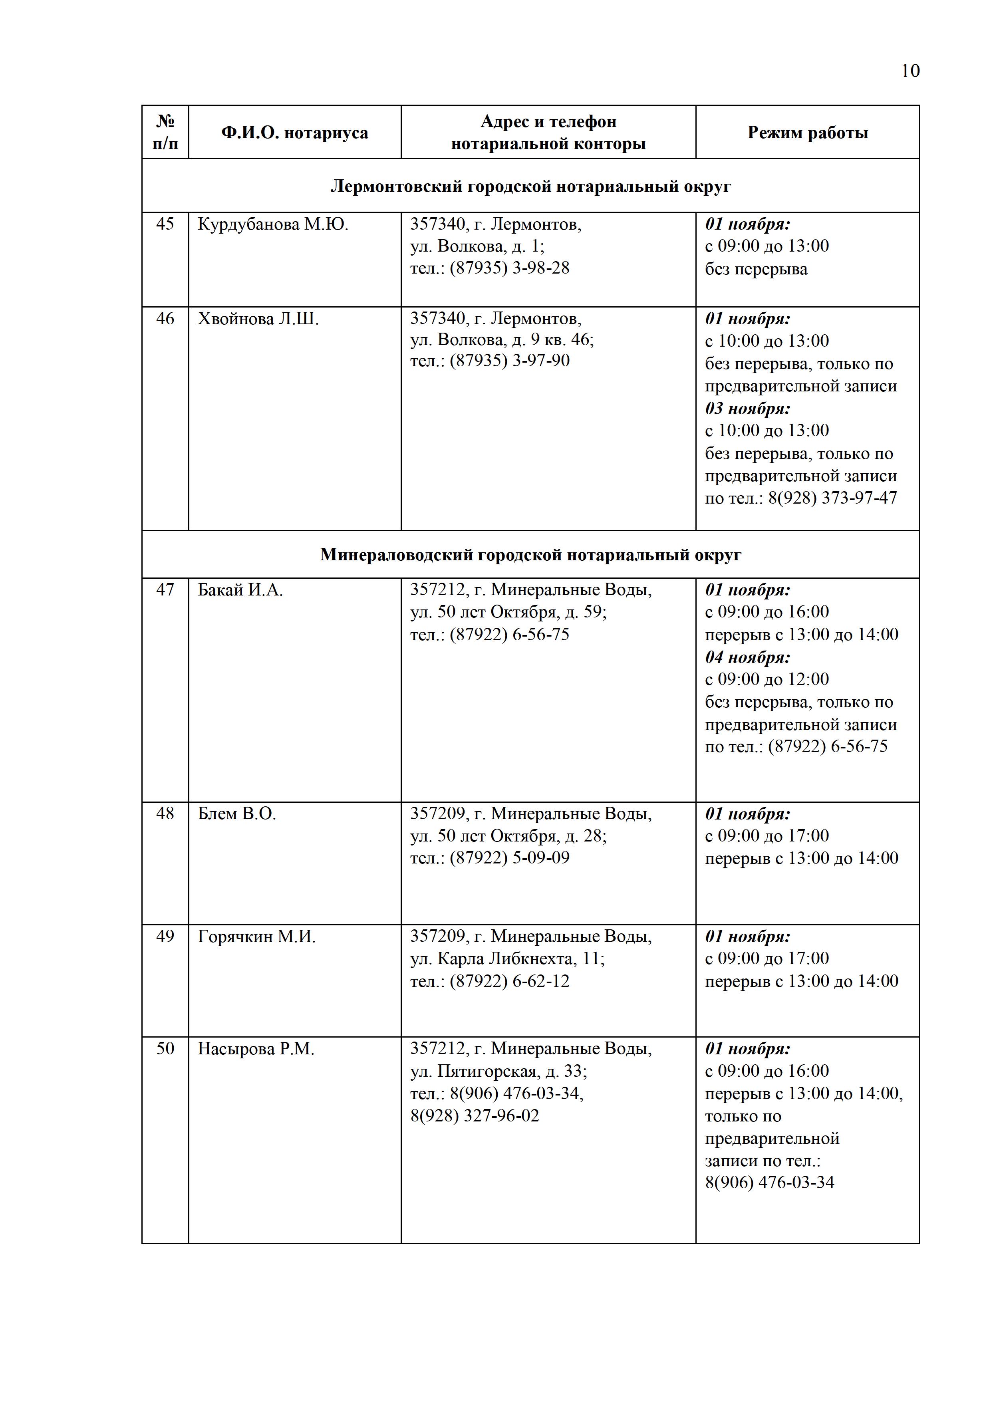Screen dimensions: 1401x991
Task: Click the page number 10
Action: click(x=910, y=71)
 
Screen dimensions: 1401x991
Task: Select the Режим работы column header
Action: click(x=807, y=133)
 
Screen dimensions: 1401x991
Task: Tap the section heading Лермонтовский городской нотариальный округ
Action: click(x=530, y=186)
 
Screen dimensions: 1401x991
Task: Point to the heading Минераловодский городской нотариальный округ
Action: click(x=530, y=555)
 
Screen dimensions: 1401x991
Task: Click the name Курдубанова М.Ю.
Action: click(x=273, y=224)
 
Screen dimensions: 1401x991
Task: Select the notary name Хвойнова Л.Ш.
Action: click(x=258, y=319)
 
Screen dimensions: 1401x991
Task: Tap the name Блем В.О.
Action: click(x=237, y=814)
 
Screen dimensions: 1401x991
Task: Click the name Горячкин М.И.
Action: click(x=256, y=937)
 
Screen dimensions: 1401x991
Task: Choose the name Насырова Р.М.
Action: click(x=256, y=1049)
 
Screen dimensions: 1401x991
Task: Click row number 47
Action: click(x=165, y=589)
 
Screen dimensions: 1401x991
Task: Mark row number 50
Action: click(x=165, y=1048)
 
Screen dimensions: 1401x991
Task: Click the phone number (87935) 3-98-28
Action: click(x=510, y=268)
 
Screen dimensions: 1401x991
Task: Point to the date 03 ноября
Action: click(x=747, y=408)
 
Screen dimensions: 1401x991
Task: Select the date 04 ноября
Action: click(x=747, y=657)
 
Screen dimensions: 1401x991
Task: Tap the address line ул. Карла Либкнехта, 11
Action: click(x=507, y=958)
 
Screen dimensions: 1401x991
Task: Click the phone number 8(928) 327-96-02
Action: click(x=475, y=1116)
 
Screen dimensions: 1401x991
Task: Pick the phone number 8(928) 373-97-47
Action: click(x=832, y=498)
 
